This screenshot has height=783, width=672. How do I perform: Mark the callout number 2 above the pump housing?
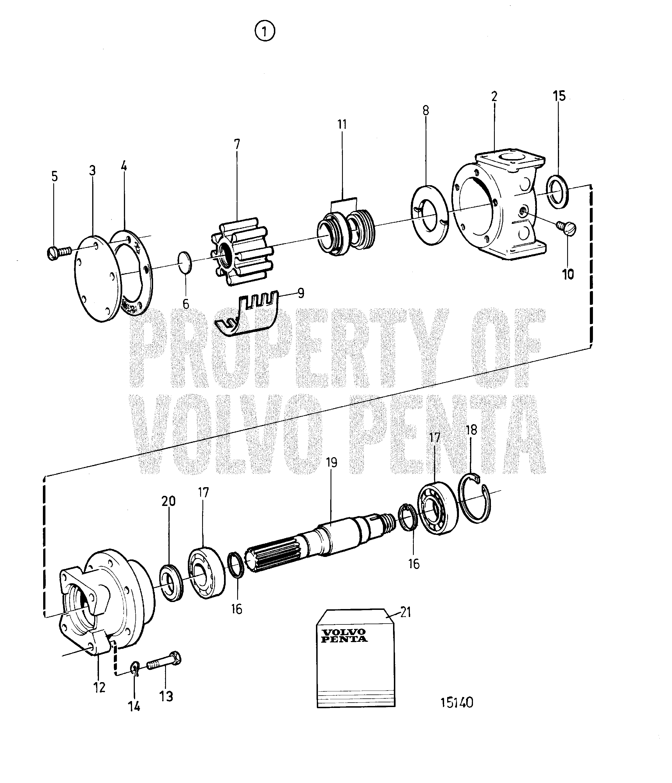[494, 96]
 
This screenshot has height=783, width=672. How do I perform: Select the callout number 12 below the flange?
[100, 687]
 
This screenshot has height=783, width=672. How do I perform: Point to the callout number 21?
[405, 612]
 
